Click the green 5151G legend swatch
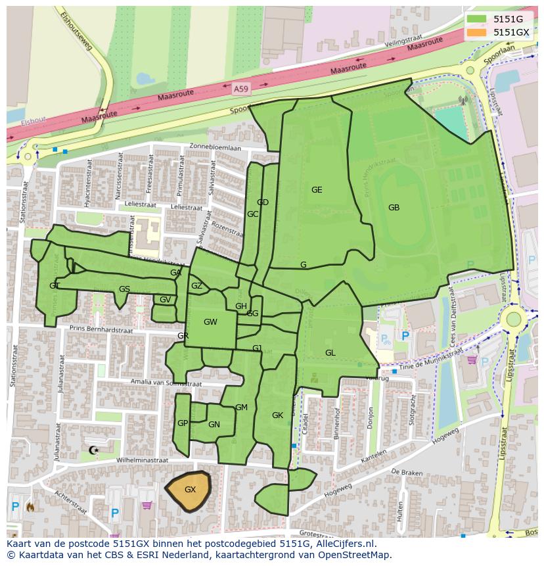pyautogui.click(x=477, y=19)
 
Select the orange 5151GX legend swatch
pyautogui.click(x=477, y=32)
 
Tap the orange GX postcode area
pyautogui.click(x=189, y=490)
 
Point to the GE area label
pyautogui.click(x=317, y=190)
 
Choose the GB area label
pyautogui.click(x=394, y=208)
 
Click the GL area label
pyautogui.click(x=330, y=353)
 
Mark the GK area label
pyautogui.click(x=277, y=415)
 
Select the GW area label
pyautogui.click(x=210, y=322)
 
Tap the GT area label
pyautogui.click(x=54, y=286)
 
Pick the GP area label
pyautogui.click(x=183, y=423)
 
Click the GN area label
pyautogui.click(x=214, y=425)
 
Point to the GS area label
pyautogui.click(x=124, y=289)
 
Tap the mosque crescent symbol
pyautogui.click(x=93, y=450)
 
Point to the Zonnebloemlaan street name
pyautogui.click(x=215, y=148)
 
